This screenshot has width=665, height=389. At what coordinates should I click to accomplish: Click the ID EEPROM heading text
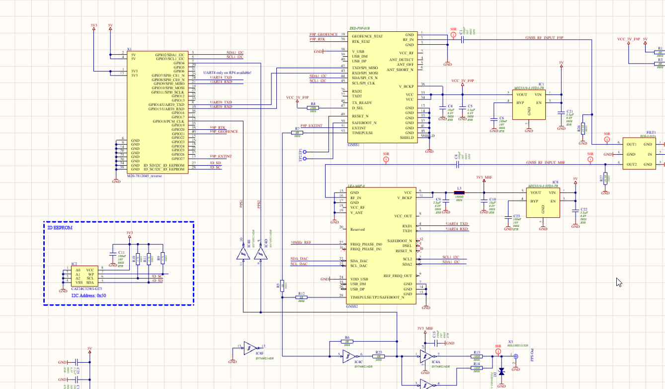pyautogui.click(x=60, y=228)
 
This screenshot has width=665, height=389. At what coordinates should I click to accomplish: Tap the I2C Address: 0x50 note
pyautogui.click(x=88, y=295)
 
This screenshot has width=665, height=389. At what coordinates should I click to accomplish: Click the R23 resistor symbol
pyautogui.click(x=378, y=356)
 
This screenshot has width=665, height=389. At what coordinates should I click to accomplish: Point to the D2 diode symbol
pyautogui.click(x=501, y=371)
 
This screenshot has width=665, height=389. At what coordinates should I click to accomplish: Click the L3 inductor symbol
pyautogui.click(x=459, y=193)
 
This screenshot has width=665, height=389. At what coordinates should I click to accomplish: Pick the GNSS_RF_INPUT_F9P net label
pyautogui.click(x=544, y=38)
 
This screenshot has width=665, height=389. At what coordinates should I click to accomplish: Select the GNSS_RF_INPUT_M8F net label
pyautogui.click(x=545, y=163)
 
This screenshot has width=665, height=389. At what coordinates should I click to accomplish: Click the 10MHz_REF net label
pyautogui.click(x=301, y=243)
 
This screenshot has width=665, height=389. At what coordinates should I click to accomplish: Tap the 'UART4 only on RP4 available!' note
pyautogui.click(x=227, y=73)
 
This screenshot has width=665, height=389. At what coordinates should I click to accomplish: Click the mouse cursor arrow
pyautogui.click(x=619, y=282)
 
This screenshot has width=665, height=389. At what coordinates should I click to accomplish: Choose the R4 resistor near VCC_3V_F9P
pyautogui.click(x=313, y=107)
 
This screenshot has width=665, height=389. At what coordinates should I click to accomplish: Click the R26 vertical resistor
pyautogui.click(x=583, y=128)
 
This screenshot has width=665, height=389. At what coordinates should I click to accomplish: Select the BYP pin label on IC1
pyautogui.click(x=519, y=102)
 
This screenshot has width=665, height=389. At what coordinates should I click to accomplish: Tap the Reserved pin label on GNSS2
pyautogui.click(x=357, y=229)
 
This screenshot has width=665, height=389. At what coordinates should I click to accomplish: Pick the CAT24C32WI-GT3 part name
pyautogui.click(x=87, y=288)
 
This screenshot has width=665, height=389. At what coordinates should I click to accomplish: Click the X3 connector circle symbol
pyautogui.click(x=515, y=356)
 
